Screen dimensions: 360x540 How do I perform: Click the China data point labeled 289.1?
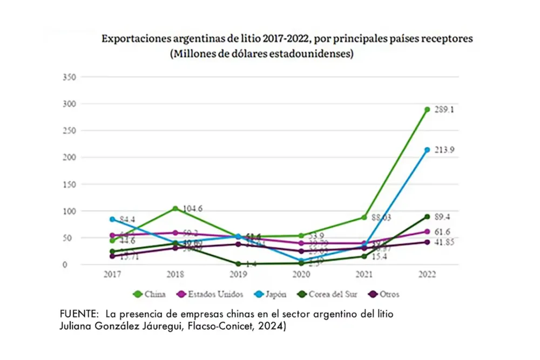point(427,110)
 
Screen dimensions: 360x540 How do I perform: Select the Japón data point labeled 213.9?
point(427,150)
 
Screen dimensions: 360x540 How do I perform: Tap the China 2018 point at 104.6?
point(175,208)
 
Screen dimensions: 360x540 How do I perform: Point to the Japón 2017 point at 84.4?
point(112,219)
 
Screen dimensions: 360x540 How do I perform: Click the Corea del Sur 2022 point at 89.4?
point(427,216)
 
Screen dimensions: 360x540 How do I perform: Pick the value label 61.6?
point(444,232)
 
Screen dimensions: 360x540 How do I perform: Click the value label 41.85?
point(446,242)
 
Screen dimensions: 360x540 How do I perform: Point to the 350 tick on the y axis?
point(70,77)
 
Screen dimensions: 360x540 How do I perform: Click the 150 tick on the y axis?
point(70,185)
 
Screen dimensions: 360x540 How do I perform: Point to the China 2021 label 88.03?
point(380,218)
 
